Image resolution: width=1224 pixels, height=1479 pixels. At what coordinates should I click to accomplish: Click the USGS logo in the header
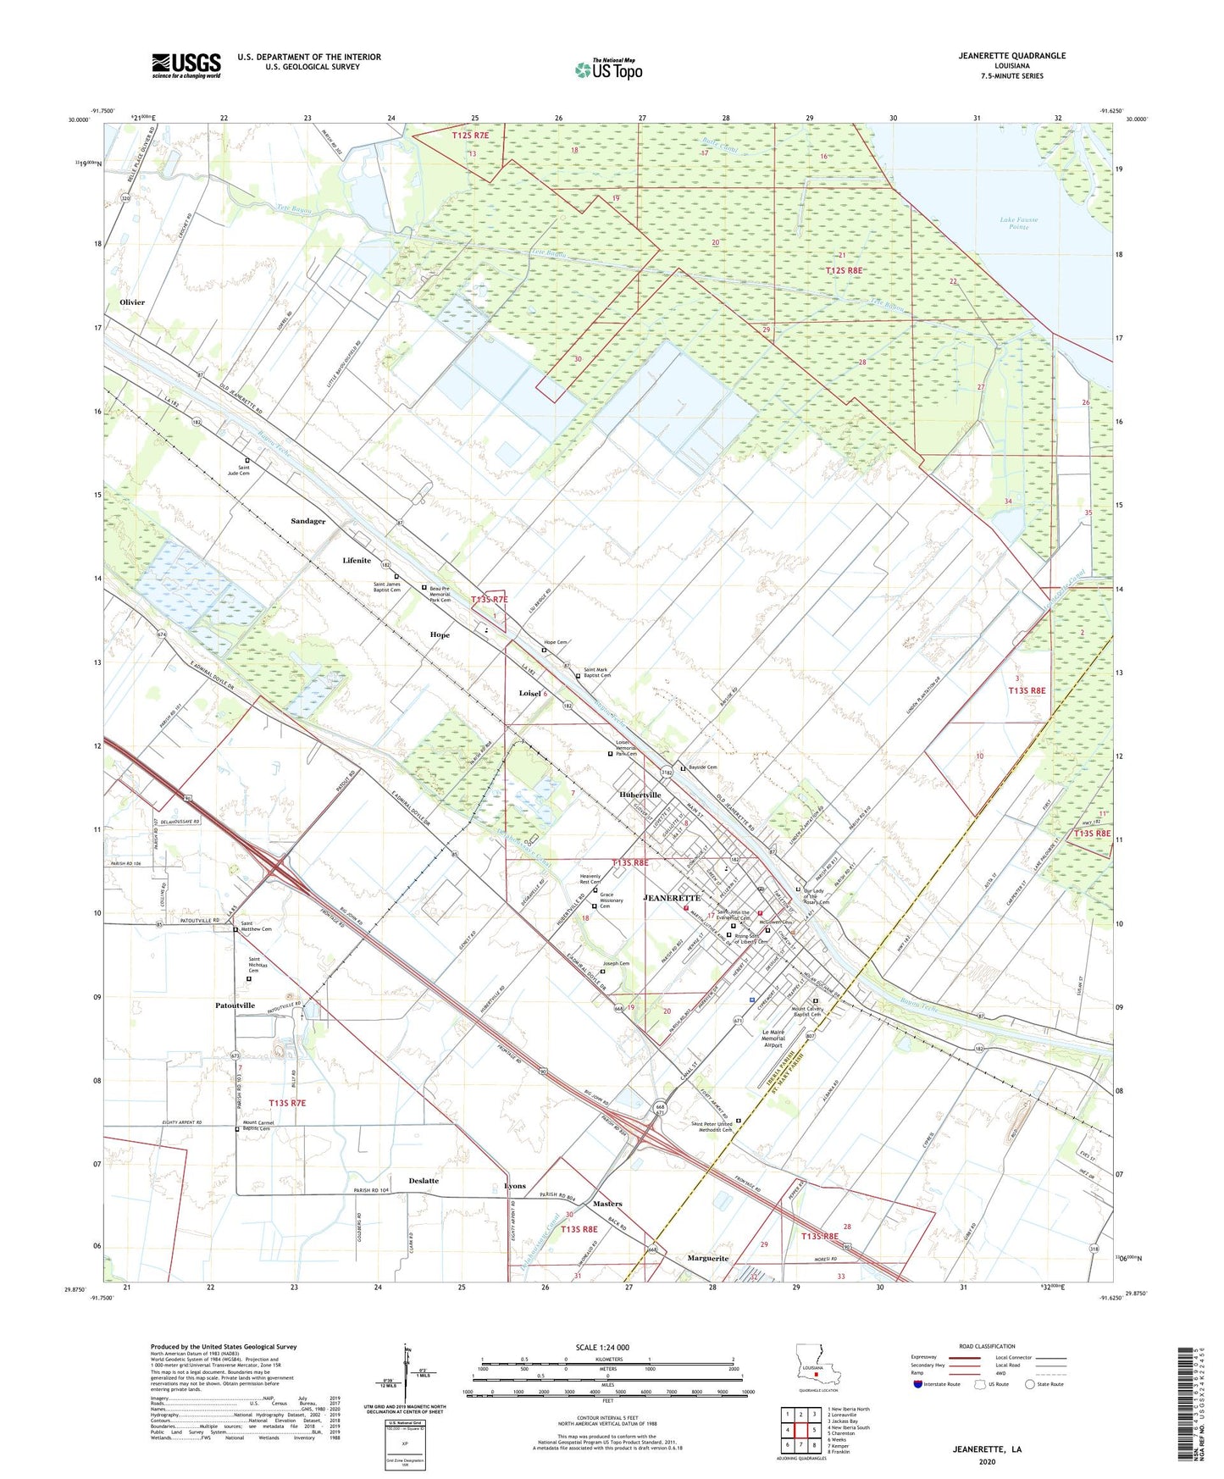pos(186,64)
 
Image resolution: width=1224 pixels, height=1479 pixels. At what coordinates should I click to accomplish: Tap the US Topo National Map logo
pos(608,69)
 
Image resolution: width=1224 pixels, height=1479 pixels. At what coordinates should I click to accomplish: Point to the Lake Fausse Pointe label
pos(1018,223)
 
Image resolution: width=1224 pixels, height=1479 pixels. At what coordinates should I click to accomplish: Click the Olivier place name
pos(132,302)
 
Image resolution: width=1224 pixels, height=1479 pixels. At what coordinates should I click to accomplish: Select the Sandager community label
pos(307,521)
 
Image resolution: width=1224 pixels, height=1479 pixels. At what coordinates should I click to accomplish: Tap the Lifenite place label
pos(357,560)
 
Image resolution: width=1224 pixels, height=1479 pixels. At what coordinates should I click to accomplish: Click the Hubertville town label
pos(640,795)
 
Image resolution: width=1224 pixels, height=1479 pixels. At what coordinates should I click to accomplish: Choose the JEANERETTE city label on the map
pos(672,897)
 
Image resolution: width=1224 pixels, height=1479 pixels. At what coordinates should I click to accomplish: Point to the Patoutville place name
pos(235,1005)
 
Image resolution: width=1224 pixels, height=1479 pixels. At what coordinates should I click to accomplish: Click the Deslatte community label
pos(424,1180)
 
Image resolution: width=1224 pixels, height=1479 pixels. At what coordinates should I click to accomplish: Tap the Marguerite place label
pos(707,1258)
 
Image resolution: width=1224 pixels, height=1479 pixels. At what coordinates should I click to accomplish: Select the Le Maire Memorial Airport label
pos(773,1039)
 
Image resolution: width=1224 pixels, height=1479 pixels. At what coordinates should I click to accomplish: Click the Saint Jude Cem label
pos(244,470)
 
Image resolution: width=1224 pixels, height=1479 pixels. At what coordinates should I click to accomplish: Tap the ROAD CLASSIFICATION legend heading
pos(987,1346)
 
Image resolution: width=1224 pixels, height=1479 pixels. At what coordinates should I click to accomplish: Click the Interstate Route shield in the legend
pos(918,1384)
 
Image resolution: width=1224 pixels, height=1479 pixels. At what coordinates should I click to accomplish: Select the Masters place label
pos(607,1203)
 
